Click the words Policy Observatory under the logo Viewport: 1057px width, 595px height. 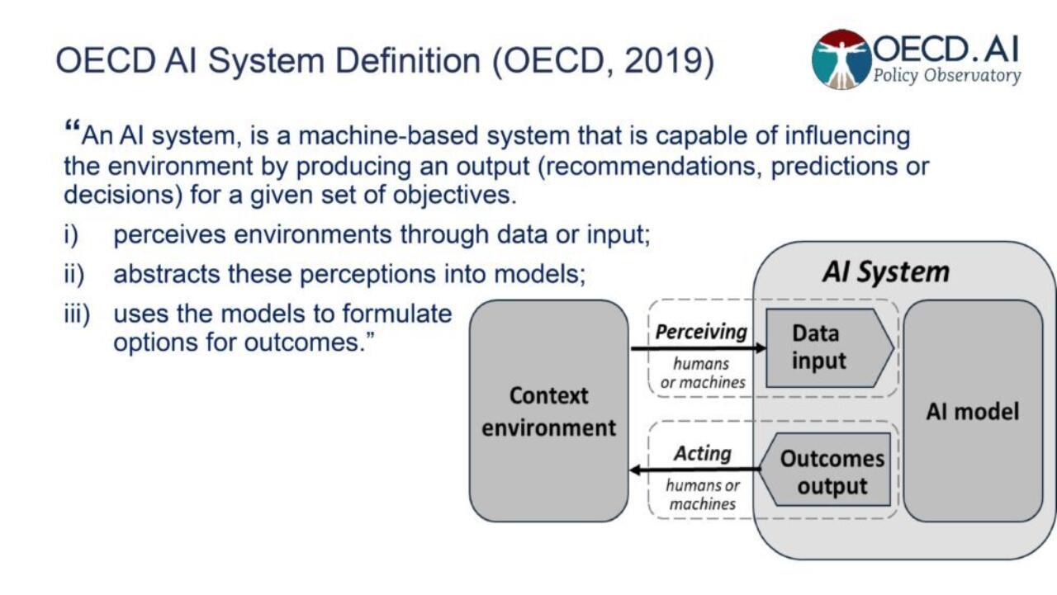point(947,76)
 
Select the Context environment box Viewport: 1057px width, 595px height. point(549,411)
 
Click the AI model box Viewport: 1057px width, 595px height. point(973,411)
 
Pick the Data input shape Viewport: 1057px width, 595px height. point(826,347)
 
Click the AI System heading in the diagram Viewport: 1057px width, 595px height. point(885,272)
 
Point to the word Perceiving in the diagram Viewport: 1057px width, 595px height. point(700,332)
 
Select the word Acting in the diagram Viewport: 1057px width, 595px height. point(702,453)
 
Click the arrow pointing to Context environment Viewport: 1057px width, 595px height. point(694,470)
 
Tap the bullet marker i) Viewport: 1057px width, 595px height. point(71,234)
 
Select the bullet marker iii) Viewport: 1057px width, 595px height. point(76,314)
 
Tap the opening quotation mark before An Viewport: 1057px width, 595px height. point(71,130)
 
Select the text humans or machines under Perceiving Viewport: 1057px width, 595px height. point(703,372)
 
